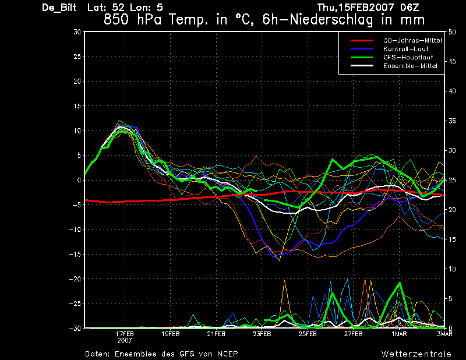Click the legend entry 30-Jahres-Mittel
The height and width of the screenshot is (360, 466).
click(412, 40)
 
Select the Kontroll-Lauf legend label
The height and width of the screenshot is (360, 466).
click(405, 49)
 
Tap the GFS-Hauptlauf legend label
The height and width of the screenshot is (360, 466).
click(408, 57)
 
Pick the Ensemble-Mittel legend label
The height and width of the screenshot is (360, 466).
click(410, 66)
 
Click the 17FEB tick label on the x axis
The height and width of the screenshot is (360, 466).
click(125, 334)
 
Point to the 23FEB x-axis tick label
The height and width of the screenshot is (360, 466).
click(262, 334)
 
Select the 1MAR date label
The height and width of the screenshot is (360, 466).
click(399, 334)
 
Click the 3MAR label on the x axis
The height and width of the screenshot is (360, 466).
click(444, 334)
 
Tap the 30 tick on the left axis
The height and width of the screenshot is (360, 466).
click(77, 32)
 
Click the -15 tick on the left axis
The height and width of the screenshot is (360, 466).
click(75, 254)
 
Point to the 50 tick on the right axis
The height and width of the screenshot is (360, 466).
click(452, 32)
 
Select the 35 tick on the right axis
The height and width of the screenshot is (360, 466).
click(452, 121)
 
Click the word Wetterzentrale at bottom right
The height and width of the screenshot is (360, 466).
click(416, 354)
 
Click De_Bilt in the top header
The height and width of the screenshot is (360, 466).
click(59, 8)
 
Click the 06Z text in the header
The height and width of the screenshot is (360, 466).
click(409, 8)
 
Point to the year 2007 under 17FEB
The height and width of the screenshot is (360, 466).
click(125, 341)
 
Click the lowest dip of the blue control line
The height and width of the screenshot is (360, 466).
click(273, 257)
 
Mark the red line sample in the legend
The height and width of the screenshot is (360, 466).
click(362, 40)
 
